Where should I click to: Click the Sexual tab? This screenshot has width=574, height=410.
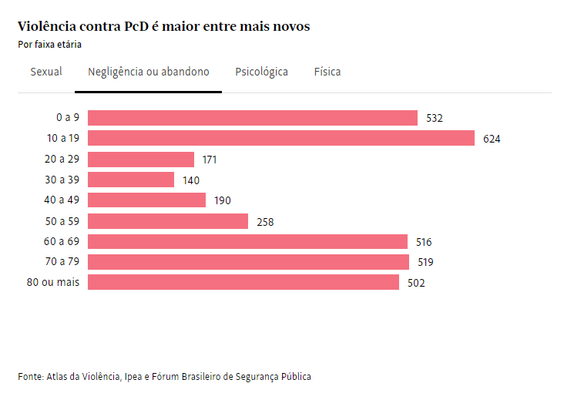tap(46, 72)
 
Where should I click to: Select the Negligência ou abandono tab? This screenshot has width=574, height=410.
tap(148, 72)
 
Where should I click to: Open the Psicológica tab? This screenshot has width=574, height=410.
tap(262, 72)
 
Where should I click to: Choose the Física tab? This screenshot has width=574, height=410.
tap(327, 72)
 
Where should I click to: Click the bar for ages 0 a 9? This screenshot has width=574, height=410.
tap(252, 118)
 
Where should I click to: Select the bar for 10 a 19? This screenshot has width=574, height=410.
tap(280, 139)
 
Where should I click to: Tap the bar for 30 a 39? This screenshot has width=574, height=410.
tap(131, 180)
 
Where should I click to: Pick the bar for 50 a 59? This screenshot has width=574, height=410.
tap(168, 221)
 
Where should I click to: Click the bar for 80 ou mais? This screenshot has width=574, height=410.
tap(243, 283)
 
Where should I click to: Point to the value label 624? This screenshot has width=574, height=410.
tap(492, 139)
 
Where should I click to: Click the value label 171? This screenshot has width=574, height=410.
tap(209, 160)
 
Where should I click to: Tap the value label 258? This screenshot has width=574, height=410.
tap(265, 222)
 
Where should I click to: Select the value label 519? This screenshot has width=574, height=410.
tap(425, 263)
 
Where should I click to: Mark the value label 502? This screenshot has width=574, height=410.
tap(416, 284)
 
